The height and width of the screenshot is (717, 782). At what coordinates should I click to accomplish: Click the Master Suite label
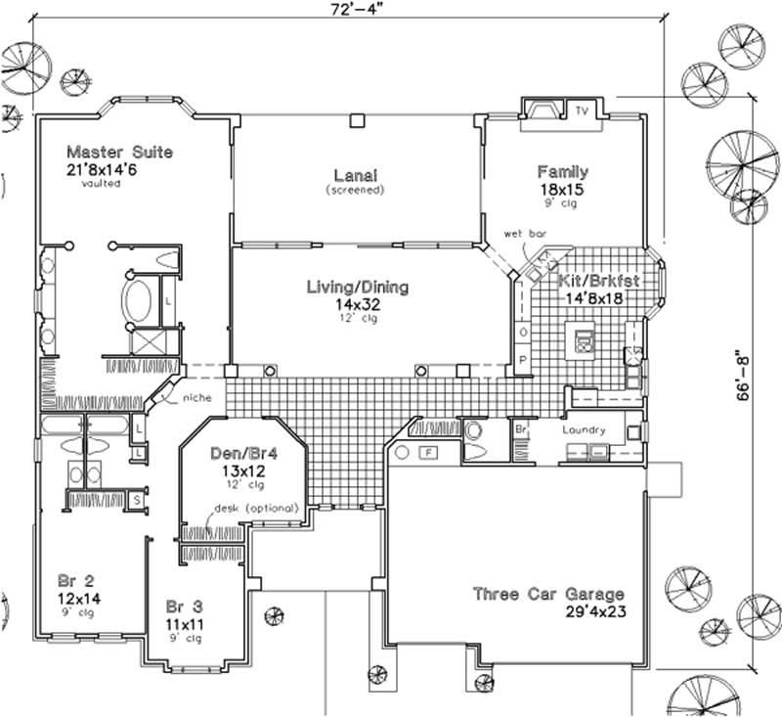click(119, 152)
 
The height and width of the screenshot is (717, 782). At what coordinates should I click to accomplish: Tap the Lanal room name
click(355, 175)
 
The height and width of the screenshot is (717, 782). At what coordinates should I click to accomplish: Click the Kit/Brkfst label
click(598, 281)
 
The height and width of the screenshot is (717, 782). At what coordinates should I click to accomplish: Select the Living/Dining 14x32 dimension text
click(357, 304)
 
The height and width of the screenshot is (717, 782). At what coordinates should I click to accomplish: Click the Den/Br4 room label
click(239, 454)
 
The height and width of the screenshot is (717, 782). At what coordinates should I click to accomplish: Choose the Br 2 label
click(71, 580)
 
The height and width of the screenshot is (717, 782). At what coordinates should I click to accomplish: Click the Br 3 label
click(183, 605)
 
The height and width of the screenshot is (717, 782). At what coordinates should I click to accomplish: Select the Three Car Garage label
click(547, 594)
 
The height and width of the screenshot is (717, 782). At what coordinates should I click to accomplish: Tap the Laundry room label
click(585, 429)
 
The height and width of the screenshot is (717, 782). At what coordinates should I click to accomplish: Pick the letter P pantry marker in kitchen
click(522, 359)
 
